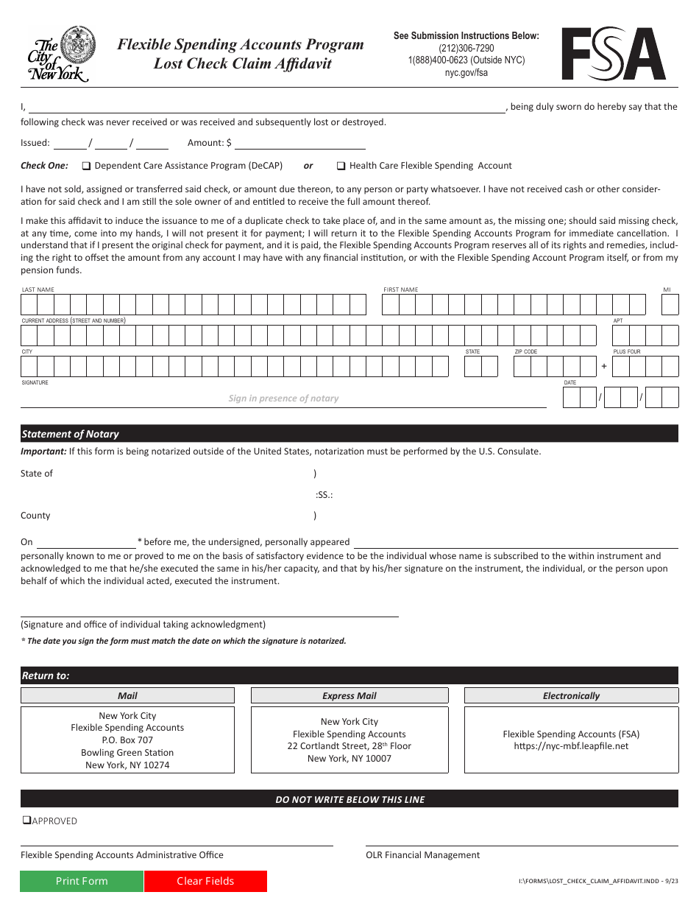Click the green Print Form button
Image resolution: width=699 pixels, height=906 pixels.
(82, 881)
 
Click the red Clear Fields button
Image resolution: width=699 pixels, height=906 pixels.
(205, 881)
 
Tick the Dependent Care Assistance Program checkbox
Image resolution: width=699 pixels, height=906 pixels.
(86, 166)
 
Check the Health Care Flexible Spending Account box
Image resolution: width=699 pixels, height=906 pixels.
(341, 166)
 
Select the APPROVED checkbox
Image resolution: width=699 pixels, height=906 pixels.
(26, 821)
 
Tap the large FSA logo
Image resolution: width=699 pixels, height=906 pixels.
(614, 55)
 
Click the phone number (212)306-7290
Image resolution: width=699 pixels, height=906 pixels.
(466, 48)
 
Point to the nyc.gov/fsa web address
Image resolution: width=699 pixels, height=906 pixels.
(466, 72)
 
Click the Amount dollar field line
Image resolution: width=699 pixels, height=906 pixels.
(299, 143)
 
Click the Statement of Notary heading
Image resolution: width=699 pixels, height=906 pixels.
(70, 434)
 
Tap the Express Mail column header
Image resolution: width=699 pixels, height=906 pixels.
(349, 695)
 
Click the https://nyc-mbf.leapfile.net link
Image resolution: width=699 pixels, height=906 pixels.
(571, 746)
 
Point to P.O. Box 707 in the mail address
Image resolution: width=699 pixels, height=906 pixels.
(127, 740)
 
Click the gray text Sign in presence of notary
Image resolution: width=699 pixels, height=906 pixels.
(283, 398)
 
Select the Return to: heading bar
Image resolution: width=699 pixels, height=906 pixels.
(46, 675)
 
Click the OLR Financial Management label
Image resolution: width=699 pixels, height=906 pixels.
(422, 855)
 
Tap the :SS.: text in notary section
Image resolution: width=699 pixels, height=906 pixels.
(324, 495)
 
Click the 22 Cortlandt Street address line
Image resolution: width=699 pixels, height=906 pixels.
(349, 746)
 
